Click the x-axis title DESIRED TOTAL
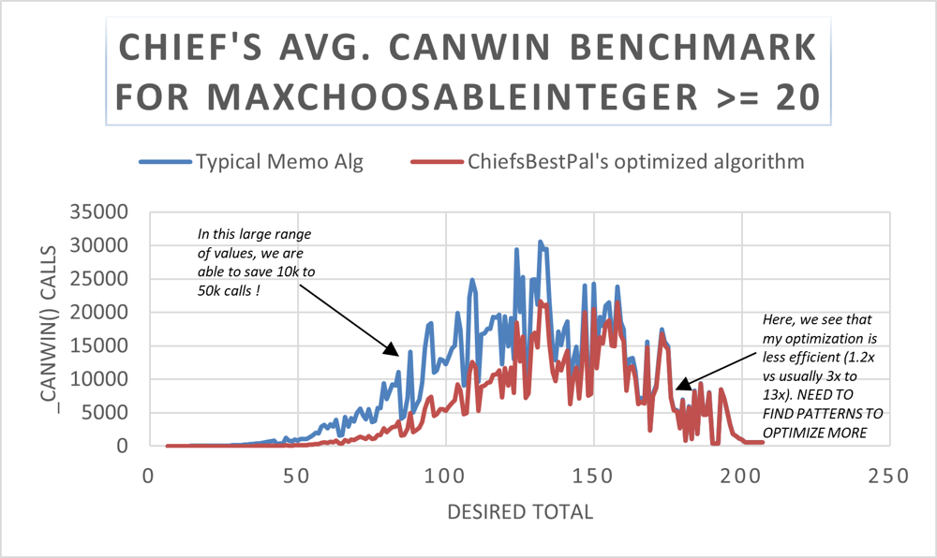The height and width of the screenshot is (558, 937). (520, 511)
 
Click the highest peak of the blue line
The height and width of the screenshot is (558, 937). (540, 242)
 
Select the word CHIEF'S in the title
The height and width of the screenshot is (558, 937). (185, 48)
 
